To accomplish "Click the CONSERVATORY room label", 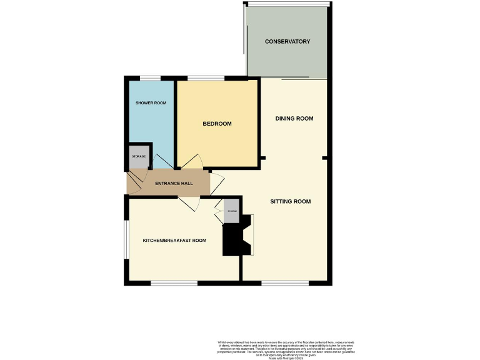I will (287, 42).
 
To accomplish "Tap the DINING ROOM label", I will (294, 119).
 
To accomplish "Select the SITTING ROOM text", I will (291, 202).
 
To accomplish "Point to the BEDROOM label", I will (217, 124).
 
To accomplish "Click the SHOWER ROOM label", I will (151, 102).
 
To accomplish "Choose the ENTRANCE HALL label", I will (174, 183).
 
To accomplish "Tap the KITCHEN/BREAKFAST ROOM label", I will (174, 241).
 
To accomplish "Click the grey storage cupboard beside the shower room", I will (139, 157).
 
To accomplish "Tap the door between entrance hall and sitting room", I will (217, 183).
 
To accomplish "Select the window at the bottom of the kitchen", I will (174, 283).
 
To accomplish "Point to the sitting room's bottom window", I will (284, 283).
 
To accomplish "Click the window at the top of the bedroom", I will (206, 78).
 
